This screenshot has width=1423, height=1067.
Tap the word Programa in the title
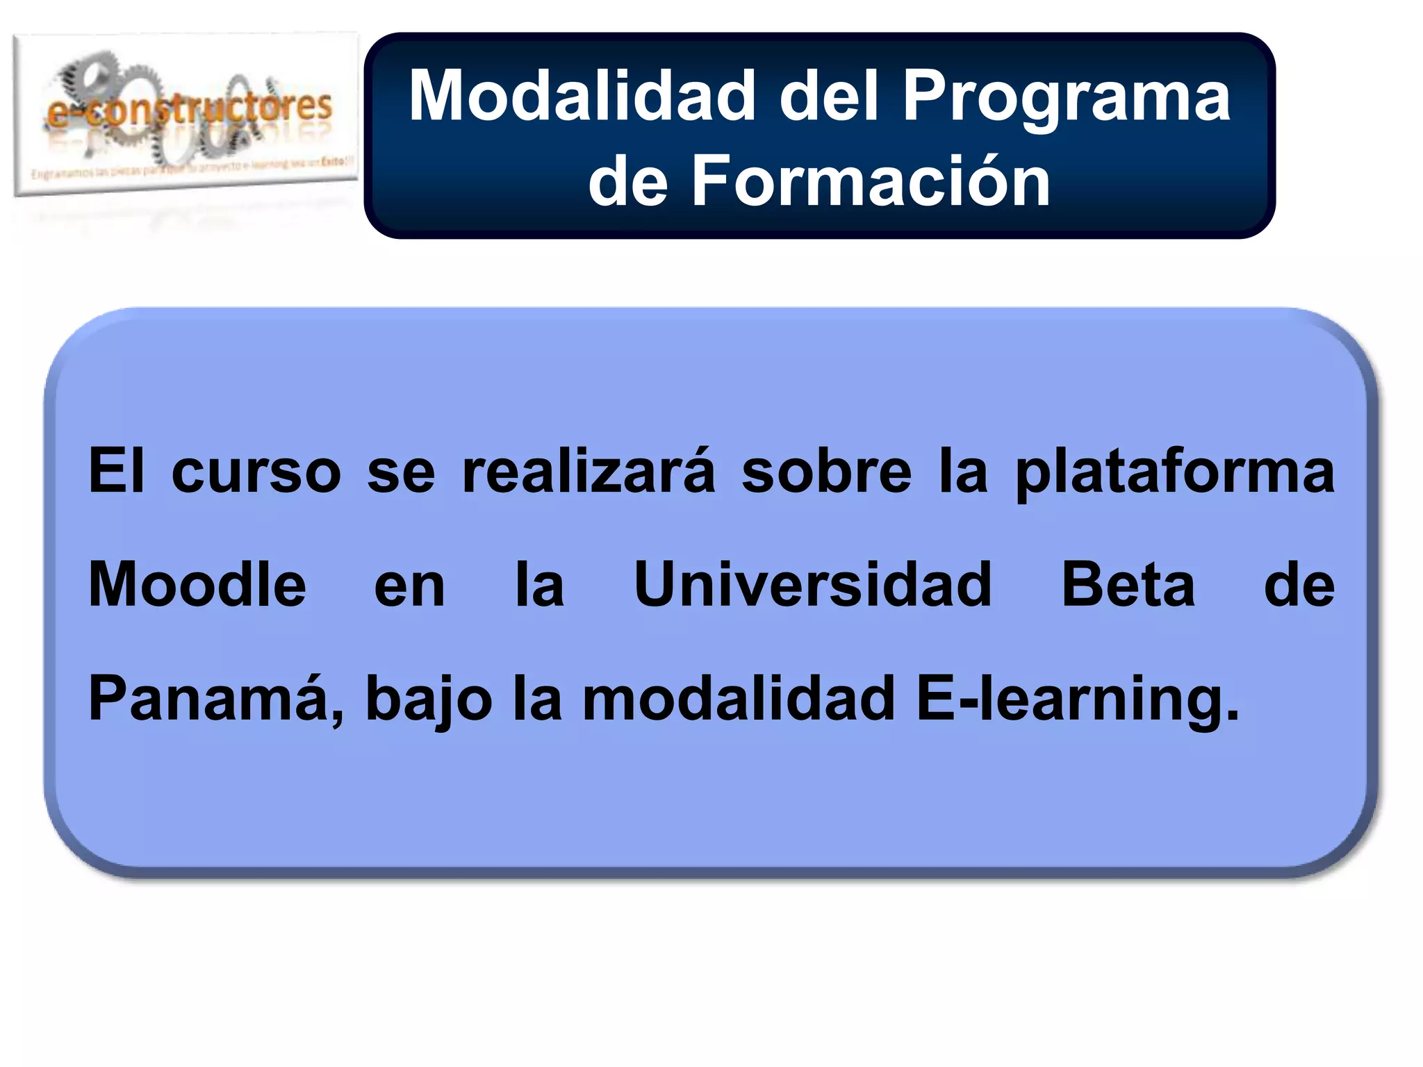coord(1067,97)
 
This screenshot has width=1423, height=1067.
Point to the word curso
coord(256,472)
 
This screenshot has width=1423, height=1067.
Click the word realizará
coord(588,471)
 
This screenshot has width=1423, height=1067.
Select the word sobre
coord(826,471)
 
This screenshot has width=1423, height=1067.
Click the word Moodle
coord(197,585)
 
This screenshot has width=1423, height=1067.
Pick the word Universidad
coord(812,585)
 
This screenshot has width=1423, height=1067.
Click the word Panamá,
coord(215,699)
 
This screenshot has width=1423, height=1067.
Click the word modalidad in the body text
coord(739,699)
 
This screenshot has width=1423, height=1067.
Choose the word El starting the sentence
coord(117,471)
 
